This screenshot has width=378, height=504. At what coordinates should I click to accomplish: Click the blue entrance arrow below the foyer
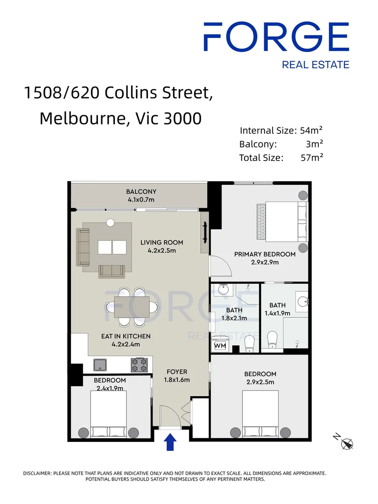tap(170, 442)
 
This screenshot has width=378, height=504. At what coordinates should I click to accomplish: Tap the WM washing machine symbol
tap(220, 345)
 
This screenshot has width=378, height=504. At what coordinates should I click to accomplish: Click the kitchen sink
tap(100, 365)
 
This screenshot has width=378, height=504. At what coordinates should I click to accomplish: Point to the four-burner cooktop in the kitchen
tap(139, 365)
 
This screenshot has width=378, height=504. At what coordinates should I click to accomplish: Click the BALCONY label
tap(141, 192)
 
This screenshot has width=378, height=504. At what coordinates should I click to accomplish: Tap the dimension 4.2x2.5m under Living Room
tap(161, 251)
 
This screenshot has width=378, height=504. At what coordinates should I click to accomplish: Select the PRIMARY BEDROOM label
tap(265, 254)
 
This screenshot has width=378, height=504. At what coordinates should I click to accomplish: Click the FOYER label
tap(177, 371)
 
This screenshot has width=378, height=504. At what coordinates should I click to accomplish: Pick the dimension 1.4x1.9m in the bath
tap(277, 313)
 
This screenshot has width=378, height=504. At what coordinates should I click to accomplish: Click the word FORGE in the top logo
tap(276, 37)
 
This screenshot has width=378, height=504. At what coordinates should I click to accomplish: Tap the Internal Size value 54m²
tap(311, 130)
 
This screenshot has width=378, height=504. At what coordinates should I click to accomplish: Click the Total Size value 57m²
tap(312, 158)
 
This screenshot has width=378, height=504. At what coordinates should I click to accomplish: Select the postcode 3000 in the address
tap(182, 118)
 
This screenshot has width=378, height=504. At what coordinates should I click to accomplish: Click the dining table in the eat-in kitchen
tap(132, 307)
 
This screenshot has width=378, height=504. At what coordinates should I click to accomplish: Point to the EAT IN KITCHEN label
tap(126, 336)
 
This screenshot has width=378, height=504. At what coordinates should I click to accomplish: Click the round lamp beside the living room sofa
tap(110, 223)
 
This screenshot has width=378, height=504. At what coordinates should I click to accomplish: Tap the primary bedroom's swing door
tap(220, 266)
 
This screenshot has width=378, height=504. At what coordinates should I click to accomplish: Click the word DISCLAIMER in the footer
tap(37, 473)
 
